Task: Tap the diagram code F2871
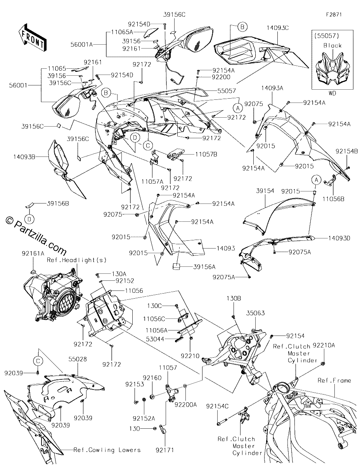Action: [x=334, y=15]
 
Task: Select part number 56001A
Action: [x=82, y=45]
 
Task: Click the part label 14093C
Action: [x=278, y=28]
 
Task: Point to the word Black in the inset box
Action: [x=332, y=45]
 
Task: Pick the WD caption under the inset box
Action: [x=332, y=93]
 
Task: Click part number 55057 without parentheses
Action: [x=227, y=91]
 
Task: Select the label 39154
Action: [x=265, y=191]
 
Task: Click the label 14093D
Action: [x=339, y=238]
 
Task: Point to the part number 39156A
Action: [x=204, y=267]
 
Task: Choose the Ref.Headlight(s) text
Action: [x=77, y=260]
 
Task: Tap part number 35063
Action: [x=256, y=313]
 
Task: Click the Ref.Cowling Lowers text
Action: [x=107, y=450]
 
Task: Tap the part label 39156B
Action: [x=58, y=203]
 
